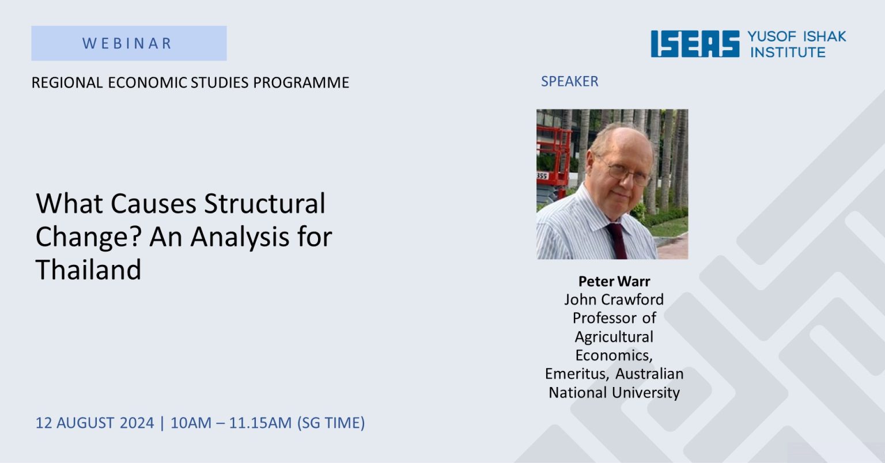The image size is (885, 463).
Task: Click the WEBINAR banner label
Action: [127, 43]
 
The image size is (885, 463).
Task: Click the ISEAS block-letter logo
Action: [695, 44]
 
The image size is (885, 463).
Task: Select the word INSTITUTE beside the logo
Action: [788, 52]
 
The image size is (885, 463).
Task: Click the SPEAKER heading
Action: [569, 81]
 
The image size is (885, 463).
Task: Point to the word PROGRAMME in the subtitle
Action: [301, 82]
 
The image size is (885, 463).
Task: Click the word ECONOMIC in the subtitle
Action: [147, 82]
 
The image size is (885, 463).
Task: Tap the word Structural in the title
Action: [264, 203]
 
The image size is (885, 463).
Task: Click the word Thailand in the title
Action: [89, 270]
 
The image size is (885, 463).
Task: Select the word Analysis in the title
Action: [240, 237]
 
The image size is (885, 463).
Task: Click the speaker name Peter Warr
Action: [614, 281]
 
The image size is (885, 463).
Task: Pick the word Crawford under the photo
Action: [633, 299]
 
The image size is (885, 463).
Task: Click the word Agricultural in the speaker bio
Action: [614, 337]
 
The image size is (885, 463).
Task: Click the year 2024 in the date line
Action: [137, 423]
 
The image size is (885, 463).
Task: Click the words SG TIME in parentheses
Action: [331, 423]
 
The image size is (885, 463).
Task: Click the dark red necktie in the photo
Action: [617, 241]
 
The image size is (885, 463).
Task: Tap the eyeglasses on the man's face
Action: [627, 173]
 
